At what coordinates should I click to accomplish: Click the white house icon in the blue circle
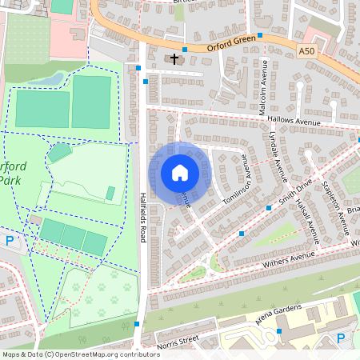tap(180, 173)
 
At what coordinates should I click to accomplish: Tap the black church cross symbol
tap(174, 59)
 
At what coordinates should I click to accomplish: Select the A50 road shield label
tap(306, 51)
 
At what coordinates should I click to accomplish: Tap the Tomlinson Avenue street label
tap(237, 185)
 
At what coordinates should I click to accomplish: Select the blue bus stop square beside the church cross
tap(184, 50)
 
